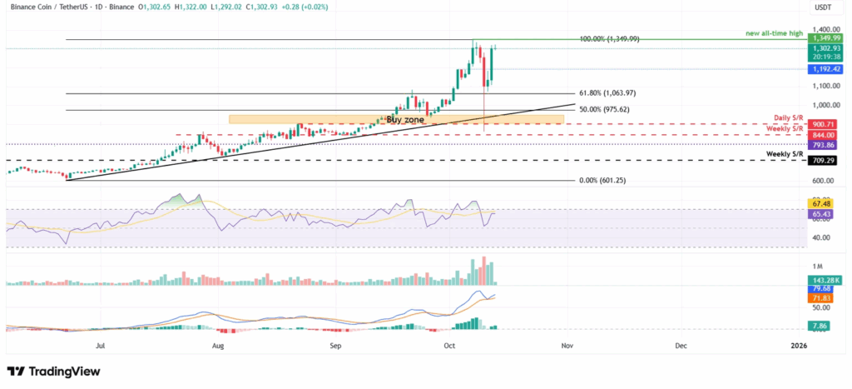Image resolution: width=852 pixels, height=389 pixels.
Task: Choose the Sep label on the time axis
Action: tap(335, 344)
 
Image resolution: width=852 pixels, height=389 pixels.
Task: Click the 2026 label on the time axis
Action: tap(799, 344)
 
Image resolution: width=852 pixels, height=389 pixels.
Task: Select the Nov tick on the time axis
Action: tap(567, 344)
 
